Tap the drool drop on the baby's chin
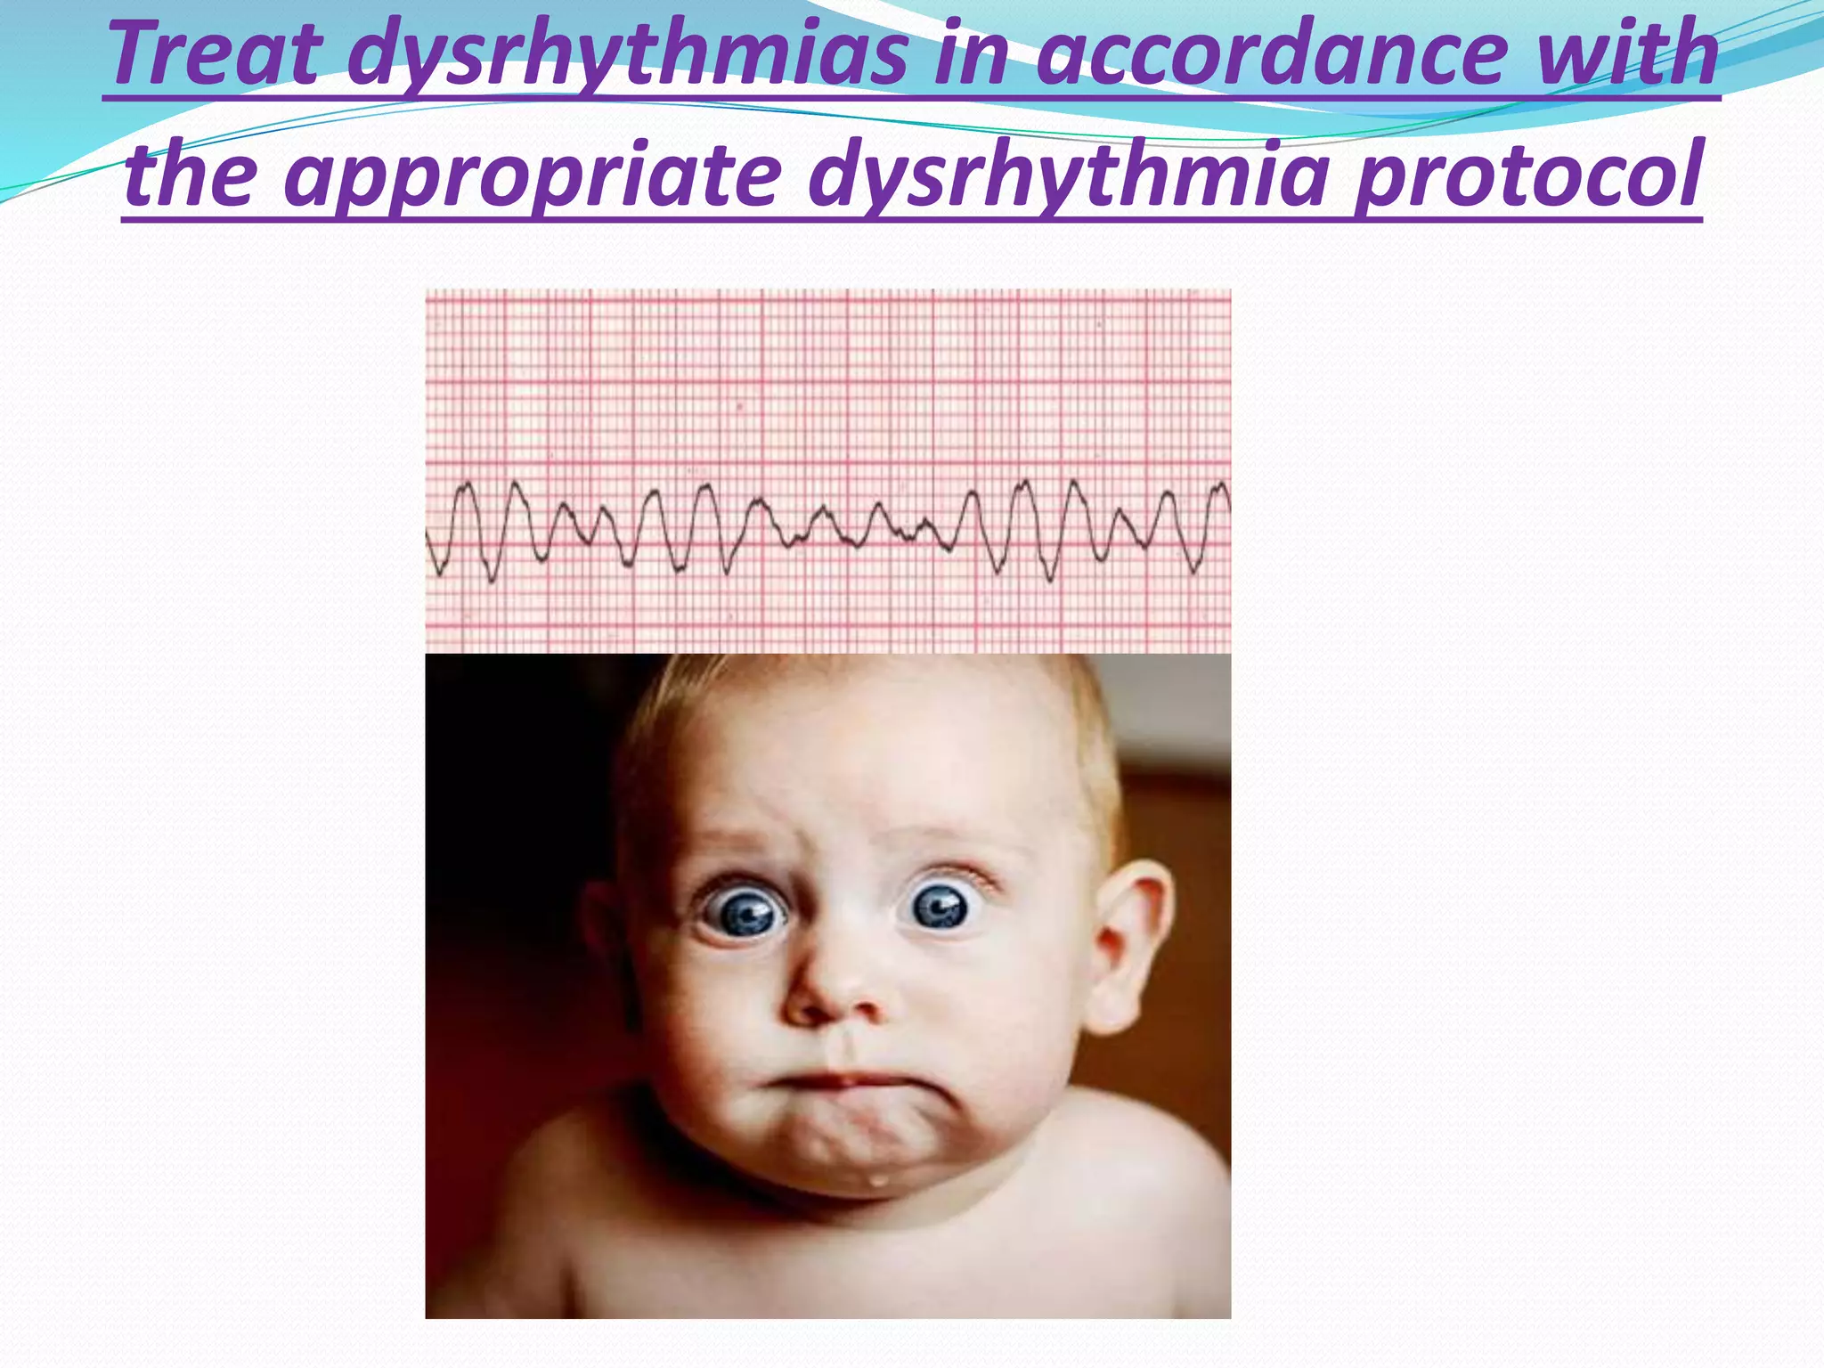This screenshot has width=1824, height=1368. (879, 1181)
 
